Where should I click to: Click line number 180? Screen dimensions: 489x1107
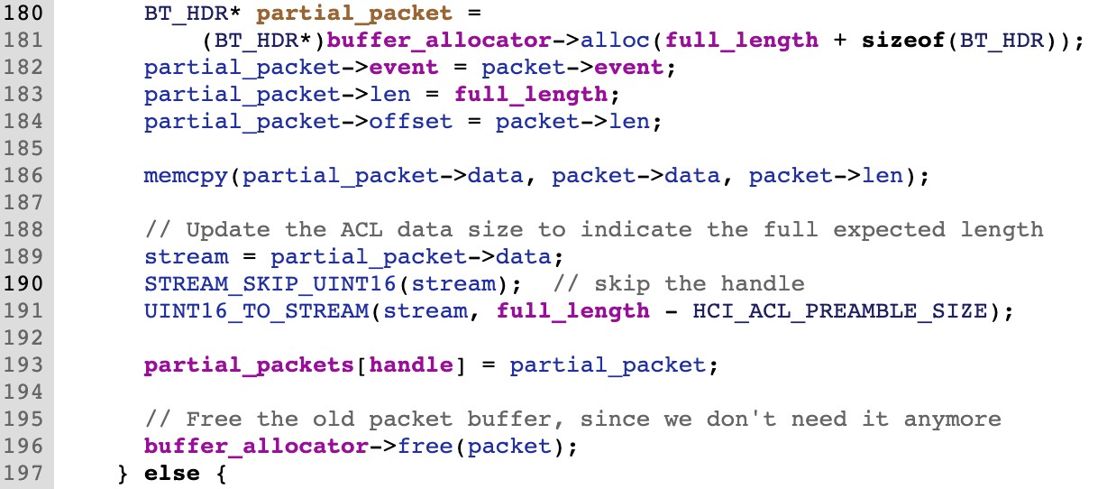[25, 14]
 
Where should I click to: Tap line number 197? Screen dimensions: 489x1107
[25, 472]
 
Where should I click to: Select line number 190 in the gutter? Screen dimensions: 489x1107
[25, 283]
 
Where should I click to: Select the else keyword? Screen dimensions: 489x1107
[171, 472]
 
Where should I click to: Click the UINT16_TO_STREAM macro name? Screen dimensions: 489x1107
[256, 310]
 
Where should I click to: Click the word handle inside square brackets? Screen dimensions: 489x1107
[411, 364]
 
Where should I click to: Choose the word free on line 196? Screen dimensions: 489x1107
[425, 446]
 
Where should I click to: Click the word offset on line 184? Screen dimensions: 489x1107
[411, 121]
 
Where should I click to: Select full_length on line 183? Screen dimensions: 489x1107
[531, 95]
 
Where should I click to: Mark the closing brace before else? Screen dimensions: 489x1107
[123, 472]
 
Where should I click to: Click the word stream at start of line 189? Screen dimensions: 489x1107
[186, 256]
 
